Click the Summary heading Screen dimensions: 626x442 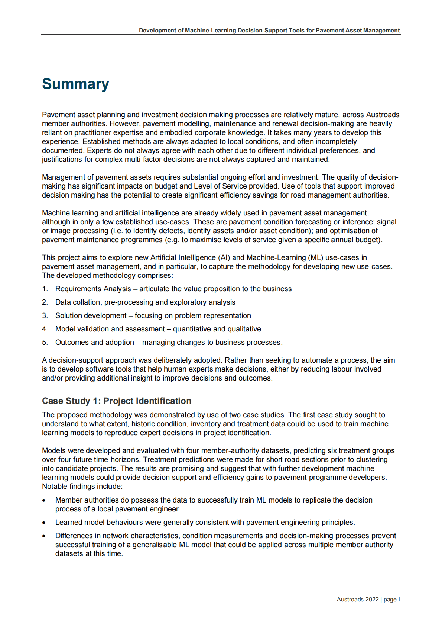click(75, 84)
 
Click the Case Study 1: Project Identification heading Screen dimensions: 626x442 click(117, 401)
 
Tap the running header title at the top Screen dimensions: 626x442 click(269, 31)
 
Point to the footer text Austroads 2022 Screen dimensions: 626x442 click(357, 600)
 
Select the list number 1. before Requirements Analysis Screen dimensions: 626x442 click(45, 289)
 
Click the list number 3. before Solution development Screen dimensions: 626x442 click(45, 316)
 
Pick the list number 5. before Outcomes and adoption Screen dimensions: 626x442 click(45, 343)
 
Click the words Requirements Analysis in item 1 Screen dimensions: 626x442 click(93, 289)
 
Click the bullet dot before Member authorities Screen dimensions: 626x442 click(44, 501)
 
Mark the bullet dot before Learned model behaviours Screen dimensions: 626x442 click(44, 523)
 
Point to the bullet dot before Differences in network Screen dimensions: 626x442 click(44, 536)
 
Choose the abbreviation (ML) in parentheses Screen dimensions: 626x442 click(315, 258)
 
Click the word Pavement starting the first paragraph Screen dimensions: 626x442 click(58, 115)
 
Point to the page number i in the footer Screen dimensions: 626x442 click(399, 600)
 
